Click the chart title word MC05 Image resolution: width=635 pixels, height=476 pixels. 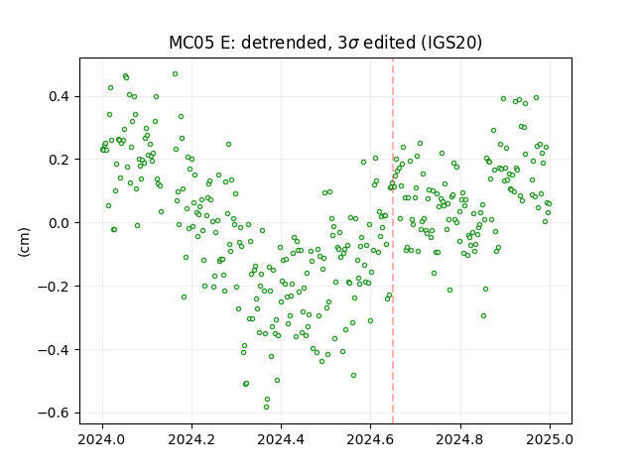pyautogui.click(x=191, y=43)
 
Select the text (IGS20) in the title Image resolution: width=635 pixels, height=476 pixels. pyautogui.click(x=449, y=43)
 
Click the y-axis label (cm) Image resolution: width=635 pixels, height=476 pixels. pyautogui.click(x=24, y=242)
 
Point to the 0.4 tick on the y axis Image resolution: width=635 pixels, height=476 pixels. pyautogui.click(x=60, y=97)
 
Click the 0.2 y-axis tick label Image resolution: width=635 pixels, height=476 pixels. pyautogui.click(x=60, y=160)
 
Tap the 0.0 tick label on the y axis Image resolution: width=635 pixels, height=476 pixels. pyautogui.click(x=60, y=223)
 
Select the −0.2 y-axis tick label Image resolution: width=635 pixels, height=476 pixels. pyautogui.click(x=55, y=287)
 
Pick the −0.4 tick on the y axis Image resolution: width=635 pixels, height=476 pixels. pyautogui.click(x=55, y=350)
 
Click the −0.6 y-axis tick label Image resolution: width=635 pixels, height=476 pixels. pyautogui.click(x=55, y=413)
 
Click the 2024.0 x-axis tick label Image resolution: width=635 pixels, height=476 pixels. pyautogui.click(x=102, y=439)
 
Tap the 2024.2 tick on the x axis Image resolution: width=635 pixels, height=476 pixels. pyautogui.click(x=191, y=439)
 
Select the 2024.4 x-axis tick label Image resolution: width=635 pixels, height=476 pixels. pyautogui.click(x=281, y=439)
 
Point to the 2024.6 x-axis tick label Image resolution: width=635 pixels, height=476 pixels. pyautogui.click(x=370, y=439)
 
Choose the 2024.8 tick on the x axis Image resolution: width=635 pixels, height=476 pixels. pyautogui.click(x=460, y=439)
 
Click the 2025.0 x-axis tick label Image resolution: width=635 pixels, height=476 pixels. pyautogui.click(x=550, y=439)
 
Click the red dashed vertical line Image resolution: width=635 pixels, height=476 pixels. pyautogui.click(x=393, y=241)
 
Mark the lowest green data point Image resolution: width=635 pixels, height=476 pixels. pyautogui.click(x=266, y=408)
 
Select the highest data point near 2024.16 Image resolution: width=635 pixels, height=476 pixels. pyautogui.click(x=175, y=74)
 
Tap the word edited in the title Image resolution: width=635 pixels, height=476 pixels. pyautogui.click(x=389, y=43)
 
